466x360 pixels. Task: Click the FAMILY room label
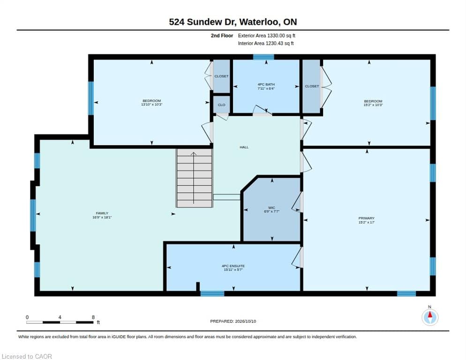(102, 213)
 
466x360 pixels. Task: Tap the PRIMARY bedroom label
(367, 218)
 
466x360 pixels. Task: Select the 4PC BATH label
(266, 84)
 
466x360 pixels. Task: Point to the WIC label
(271, 208)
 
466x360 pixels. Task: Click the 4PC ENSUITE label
(233, 266)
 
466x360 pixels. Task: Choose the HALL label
(244, 147)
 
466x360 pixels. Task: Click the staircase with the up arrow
(195, 178)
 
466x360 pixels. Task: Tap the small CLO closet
(221, 105)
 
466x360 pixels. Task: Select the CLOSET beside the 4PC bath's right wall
(311, 86)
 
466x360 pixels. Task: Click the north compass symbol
(430, 317)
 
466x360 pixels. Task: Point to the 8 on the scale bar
(93, 317)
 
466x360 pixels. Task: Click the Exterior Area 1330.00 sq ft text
(267, 36)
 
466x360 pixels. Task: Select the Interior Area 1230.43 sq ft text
(266, 44)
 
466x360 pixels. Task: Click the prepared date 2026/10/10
(246, 322)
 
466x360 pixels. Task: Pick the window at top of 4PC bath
(263, 57)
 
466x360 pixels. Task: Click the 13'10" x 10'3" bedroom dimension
(152, 105)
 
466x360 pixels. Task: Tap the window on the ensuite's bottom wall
(212, 294)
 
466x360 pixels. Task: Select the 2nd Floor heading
(222, 36)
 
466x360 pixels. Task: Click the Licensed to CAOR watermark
(27, 356)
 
